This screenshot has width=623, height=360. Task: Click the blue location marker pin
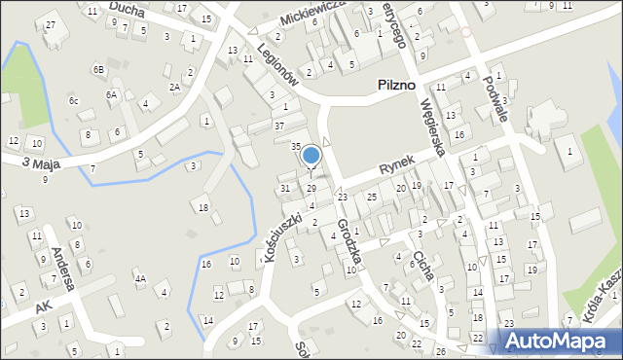(x=311, y=156)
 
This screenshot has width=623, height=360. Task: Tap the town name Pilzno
(x=402, y=87)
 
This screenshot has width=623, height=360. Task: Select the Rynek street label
(x=397, y=167)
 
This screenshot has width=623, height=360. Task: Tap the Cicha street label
(x=422, y=263)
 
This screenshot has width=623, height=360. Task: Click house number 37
(x=279, y=126)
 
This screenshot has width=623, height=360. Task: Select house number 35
(x=296, y=146)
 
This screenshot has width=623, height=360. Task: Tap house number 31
(x=285, y=188)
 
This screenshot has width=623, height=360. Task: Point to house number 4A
(x=140, y=279)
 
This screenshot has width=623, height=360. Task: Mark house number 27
(x=51, y=23)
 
